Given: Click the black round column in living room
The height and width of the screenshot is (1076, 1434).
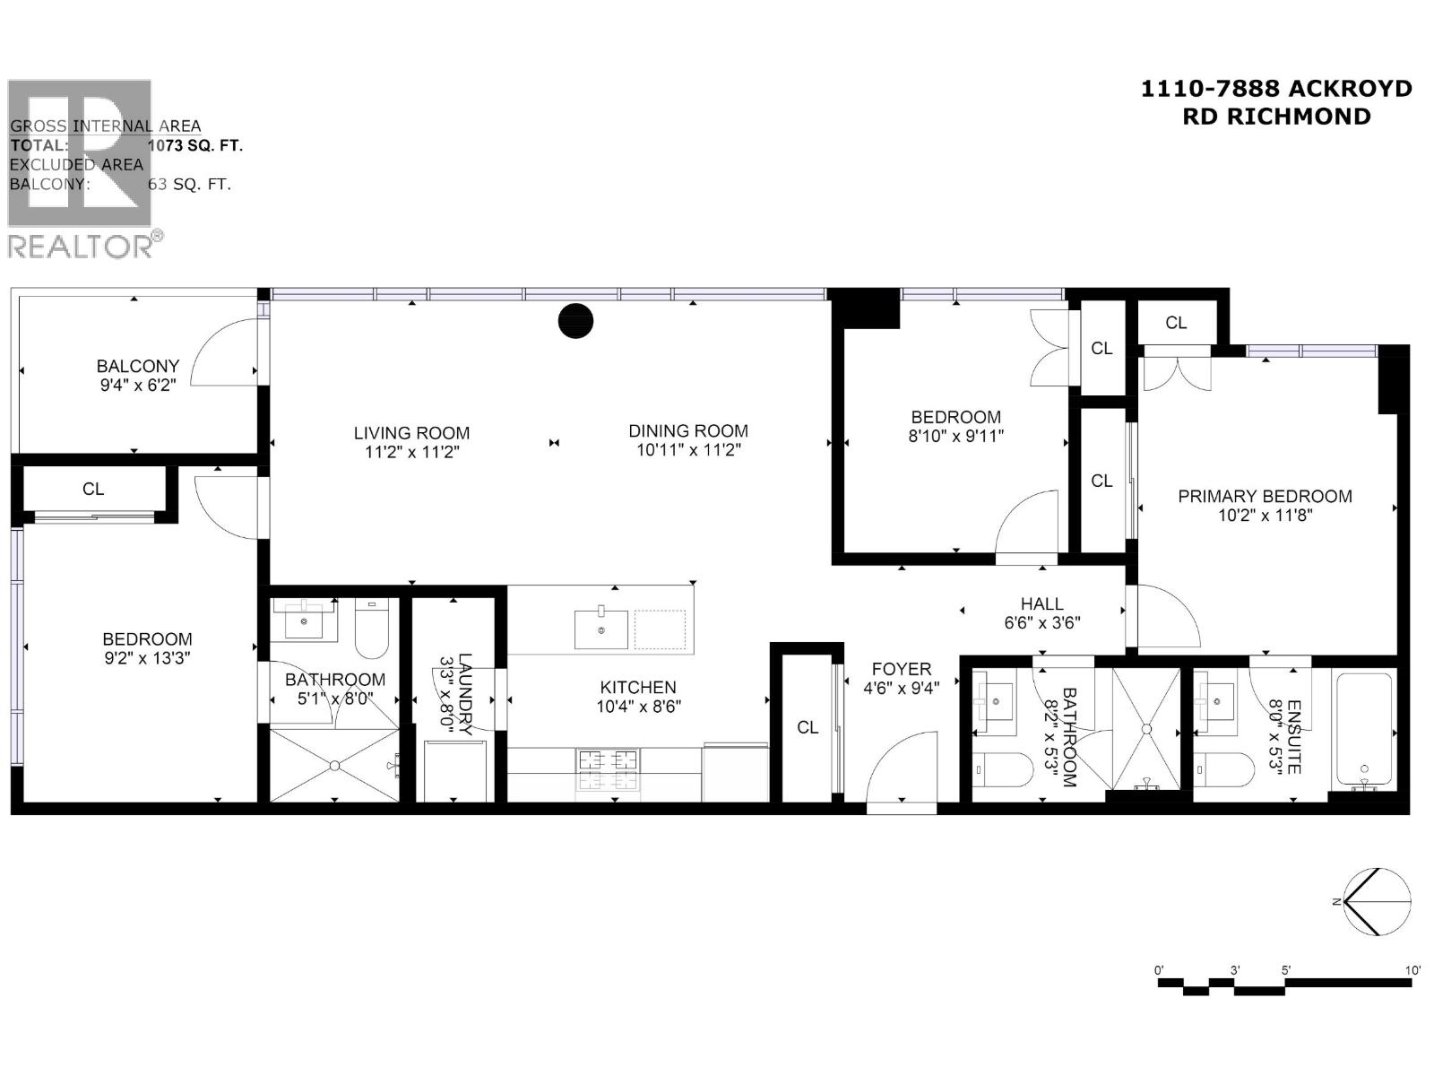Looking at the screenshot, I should (x=575, y=321).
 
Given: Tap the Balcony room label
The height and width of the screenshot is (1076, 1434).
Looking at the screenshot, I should (x=138, y=366).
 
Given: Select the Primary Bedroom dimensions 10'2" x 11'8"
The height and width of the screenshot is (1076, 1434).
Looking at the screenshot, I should (x=1265, y=516).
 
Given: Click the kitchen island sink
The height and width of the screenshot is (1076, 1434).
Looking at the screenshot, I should (x=600, y=628).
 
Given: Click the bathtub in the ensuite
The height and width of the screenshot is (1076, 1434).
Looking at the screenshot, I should (x=1364, y=731).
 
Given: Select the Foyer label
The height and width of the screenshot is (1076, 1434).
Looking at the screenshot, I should (x=901, y=669).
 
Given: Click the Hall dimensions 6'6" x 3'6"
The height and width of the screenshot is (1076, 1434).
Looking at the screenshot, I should (x=1041, y=622).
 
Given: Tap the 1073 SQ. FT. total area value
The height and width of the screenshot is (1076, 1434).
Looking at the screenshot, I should (x=195, y=145).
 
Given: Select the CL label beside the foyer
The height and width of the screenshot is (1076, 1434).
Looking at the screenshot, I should (x=808, y=727).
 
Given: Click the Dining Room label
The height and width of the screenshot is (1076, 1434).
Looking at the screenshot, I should (x=687, y=430).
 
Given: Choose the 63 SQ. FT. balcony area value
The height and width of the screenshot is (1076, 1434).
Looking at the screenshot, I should (x=189, y=185).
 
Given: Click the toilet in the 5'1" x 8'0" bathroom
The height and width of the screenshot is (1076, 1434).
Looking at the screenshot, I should (x=372, y=629).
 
